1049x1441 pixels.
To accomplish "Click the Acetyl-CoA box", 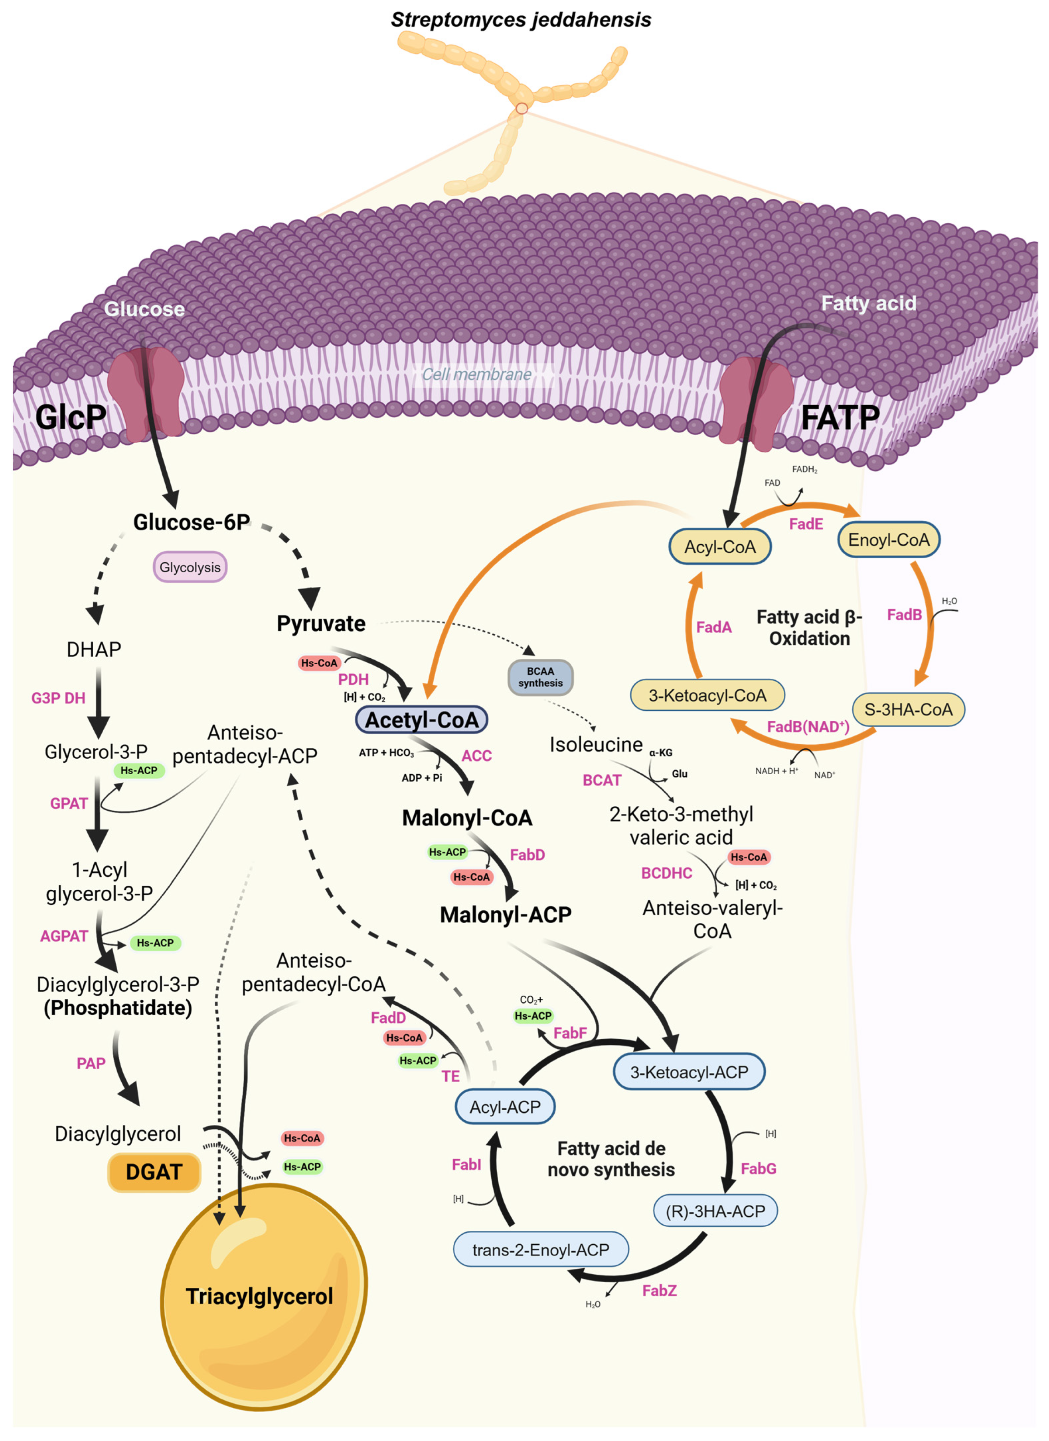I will pos(422,720).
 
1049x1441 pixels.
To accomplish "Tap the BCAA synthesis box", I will pos(540,677).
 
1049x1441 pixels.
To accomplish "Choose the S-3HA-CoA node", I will pos(908,710).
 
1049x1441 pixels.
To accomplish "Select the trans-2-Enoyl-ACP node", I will pos(540,1250).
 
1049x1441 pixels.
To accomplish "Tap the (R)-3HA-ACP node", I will pos(715,1211).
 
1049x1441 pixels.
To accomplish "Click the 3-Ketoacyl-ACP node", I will pos(689,1072).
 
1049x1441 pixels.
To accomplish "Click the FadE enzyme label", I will pos(806,524).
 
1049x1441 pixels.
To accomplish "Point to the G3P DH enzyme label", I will pos(58,698).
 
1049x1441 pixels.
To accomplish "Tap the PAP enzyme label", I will pos(91,1063).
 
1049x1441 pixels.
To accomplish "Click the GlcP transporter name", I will pos(70,417).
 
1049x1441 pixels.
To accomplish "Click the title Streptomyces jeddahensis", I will pos(521,20).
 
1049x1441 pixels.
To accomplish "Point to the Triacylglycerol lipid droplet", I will pos(260,1296).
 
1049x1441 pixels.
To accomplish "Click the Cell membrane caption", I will pos(477,374).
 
